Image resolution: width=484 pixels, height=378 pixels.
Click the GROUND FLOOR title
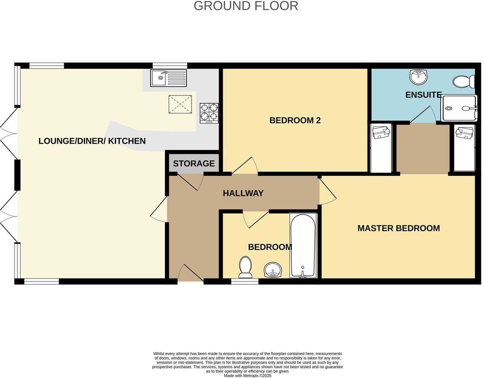[246, 6]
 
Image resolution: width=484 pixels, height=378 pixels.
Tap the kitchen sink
[168, 78]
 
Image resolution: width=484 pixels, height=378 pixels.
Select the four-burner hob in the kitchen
[209, 113]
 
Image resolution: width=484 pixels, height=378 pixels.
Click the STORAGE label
[194, 164]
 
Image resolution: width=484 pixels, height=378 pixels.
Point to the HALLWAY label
[243, 193]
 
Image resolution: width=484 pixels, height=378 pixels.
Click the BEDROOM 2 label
[295, 120]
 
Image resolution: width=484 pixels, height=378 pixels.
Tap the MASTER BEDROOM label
[398, 228]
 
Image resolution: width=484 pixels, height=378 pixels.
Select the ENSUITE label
[423, 95]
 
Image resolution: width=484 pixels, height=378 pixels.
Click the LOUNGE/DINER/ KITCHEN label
[92, 141]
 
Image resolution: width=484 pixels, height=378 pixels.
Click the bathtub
[303, 246]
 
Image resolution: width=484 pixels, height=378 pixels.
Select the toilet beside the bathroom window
[245, 267]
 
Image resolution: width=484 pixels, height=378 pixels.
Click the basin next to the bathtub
[273, 270]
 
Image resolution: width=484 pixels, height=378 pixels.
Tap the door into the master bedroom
[327, 192]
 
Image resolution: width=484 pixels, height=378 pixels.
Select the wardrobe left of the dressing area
[381, 148]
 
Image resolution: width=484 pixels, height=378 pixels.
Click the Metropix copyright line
[247, 375]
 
